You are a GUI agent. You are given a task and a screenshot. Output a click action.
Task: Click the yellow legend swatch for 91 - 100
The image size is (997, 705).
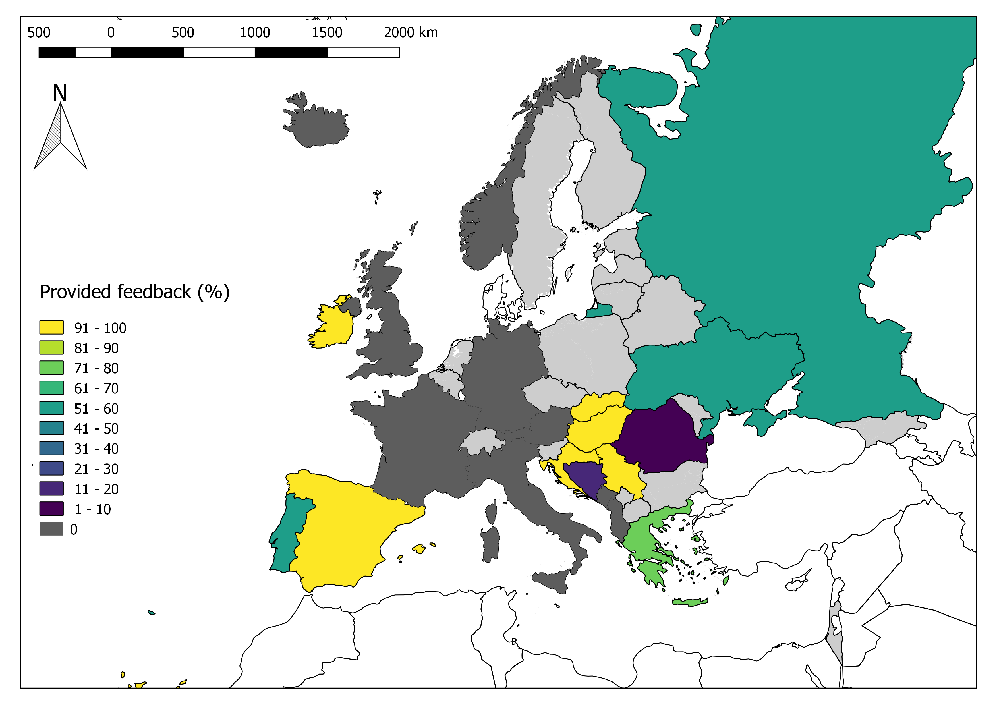click(51, 327)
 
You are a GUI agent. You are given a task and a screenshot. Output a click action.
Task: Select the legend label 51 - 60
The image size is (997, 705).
click(96, 409)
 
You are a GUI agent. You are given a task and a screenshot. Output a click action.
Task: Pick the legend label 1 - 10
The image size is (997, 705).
click(92, 509)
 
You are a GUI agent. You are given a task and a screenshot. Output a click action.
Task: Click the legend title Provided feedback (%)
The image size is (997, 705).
click(135, 292)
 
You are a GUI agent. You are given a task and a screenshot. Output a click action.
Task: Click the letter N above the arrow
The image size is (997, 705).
click(60, 93)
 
